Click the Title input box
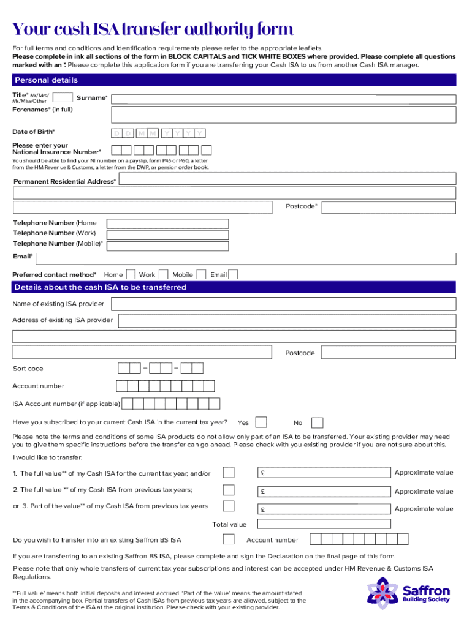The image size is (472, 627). pyautogui.click(x=63, y=97)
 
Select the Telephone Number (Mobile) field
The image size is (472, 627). pyautogui.click(x=167, y=245)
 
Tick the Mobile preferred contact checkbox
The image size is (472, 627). pyautogui.click(x=199, y=274)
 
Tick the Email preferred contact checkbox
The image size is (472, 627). pyautogui.click(x=233, y=274)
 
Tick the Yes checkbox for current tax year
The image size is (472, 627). pyautogui.click(x=261, y=422)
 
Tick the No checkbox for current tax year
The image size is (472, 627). pyautogui.click(x=317, y=422)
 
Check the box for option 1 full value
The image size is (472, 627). pyautogui.click(x=228, y=472)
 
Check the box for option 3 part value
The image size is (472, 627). pyautogui.click(x=228, y=506)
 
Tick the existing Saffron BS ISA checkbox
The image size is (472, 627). pyautogui.click(x=228, y=539)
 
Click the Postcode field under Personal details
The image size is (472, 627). pyautogui.click(x=389, y=208)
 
